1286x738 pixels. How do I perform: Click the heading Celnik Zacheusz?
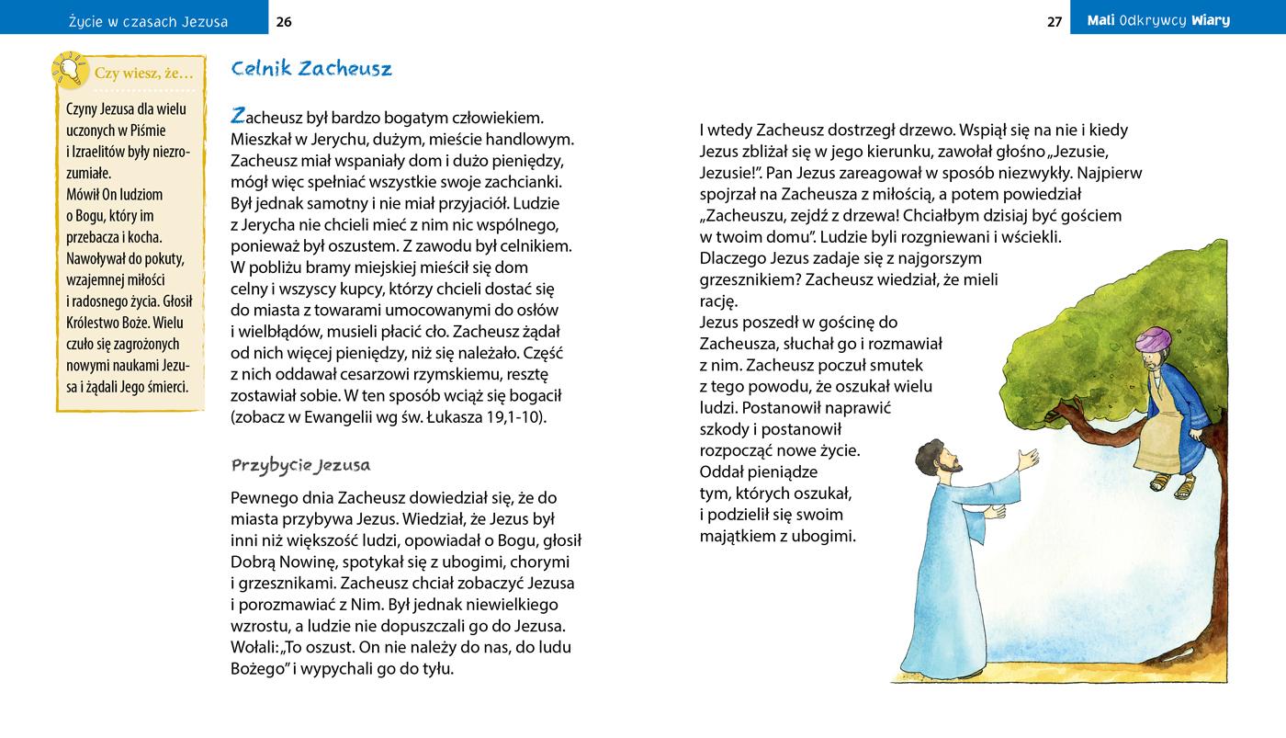[x=311, y=69]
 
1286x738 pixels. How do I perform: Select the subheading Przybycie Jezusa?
[x=300, y=464]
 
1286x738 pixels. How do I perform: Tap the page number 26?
[x=284, y=21]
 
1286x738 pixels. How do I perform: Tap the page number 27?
[x=1055, y=21]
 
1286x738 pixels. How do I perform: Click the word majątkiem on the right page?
[x=737, y=536]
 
